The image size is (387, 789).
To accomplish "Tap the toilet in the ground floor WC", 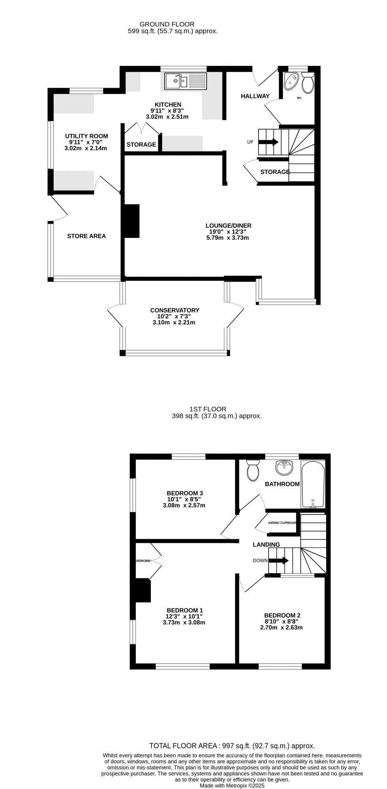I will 307,82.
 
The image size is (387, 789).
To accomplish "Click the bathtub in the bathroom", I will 313,484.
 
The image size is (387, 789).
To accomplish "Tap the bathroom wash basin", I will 284,467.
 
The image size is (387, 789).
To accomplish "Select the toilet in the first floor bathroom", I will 252,470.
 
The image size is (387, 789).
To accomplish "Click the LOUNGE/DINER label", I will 228,226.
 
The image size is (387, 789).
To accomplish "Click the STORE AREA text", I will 86,236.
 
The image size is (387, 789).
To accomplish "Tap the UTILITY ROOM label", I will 86,136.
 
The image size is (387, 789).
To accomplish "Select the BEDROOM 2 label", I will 282,615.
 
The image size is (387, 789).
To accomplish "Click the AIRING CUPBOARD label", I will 282,523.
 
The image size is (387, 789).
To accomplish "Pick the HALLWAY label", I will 255,96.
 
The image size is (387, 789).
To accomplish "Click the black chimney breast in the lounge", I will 132,221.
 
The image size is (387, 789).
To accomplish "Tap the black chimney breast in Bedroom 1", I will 143,591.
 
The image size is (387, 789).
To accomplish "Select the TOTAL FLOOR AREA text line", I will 232,746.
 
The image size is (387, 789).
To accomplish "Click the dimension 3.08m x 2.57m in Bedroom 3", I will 184,505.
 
